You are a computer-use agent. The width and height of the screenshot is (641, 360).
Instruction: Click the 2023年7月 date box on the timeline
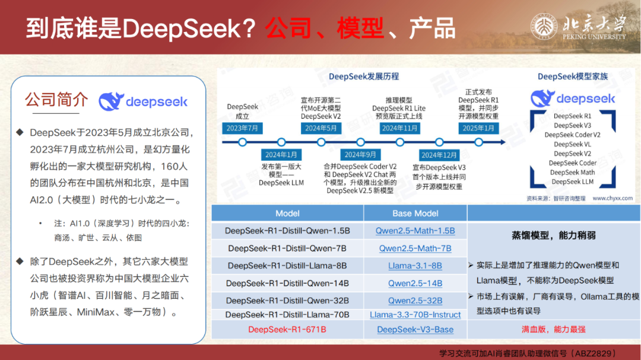click(242, 128)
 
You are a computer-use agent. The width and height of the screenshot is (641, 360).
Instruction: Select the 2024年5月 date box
click(321, 128)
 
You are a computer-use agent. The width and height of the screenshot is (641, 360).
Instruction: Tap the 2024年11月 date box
click(400, 128)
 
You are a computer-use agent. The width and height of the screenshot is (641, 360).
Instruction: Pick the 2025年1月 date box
click(478, 128)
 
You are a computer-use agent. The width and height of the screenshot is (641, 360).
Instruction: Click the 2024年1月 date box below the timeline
click(281, 155)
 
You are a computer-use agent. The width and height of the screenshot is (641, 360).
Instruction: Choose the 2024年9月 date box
click(360, 155)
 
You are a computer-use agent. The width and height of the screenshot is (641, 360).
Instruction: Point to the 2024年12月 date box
click(439, 155)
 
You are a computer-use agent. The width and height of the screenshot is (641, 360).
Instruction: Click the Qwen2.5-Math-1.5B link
click(415, 231)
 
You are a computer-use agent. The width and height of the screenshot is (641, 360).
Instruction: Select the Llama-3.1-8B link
click(415, 266)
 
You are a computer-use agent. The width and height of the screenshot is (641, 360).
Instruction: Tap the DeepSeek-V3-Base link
click(415, 329)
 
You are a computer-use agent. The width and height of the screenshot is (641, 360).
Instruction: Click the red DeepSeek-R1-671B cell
click(287, 329)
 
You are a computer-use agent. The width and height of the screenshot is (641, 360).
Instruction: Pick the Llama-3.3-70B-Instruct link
click(415, 315)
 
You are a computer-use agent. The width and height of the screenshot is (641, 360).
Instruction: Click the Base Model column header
click(415, 214)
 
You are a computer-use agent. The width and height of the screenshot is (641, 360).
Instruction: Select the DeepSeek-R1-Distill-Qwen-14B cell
click(287, 283)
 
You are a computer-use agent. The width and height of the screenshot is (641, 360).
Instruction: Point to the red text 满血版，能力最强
click(554, 329)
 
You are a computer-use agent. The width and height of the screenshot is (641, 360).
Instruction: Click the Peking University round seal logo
click(544, 27)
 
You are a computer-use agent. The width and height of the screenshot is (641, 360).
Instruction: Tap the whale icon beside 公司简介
click(111, 101)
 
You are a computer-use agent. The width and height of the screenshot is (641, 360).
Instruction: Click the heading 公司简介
click(56, 100)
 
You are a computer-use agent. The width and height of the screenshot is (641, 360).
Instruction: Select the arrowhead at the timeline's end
click(503, 142)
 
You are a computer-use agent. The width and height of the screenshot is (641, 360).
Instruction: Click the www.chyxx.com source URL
click(613, 198)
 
